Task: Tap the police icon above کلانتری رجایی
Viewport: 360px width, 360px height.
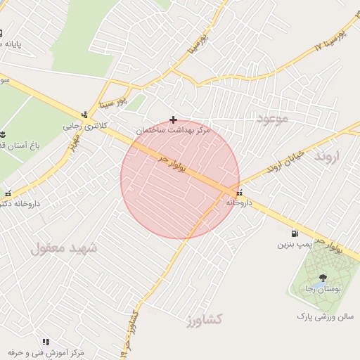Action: [85, 115]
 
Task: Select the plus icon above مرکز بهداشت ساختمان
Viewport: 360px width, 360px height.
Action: [173, 120]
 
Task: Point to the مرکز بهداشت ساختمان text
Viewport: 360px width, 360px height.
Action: [173, 130]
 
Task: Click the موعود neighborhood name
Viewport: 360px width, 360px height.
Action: [272, 118]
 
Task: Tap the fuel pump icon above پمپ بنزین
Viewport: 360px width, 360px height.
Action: [293, 233]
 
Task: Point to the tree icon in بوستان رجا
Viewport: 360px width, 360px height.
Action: [322, 278]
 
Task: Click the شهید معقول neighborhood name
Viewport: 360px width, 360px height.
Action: [65, 247]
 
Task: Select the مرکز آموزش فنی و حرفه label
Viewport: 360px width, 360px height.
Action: [46, 351]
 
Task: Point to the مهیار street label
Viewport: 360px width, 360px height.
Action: [73, 143]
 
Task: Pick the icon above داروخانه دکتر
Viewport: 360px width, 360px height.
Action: [8, 193]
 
